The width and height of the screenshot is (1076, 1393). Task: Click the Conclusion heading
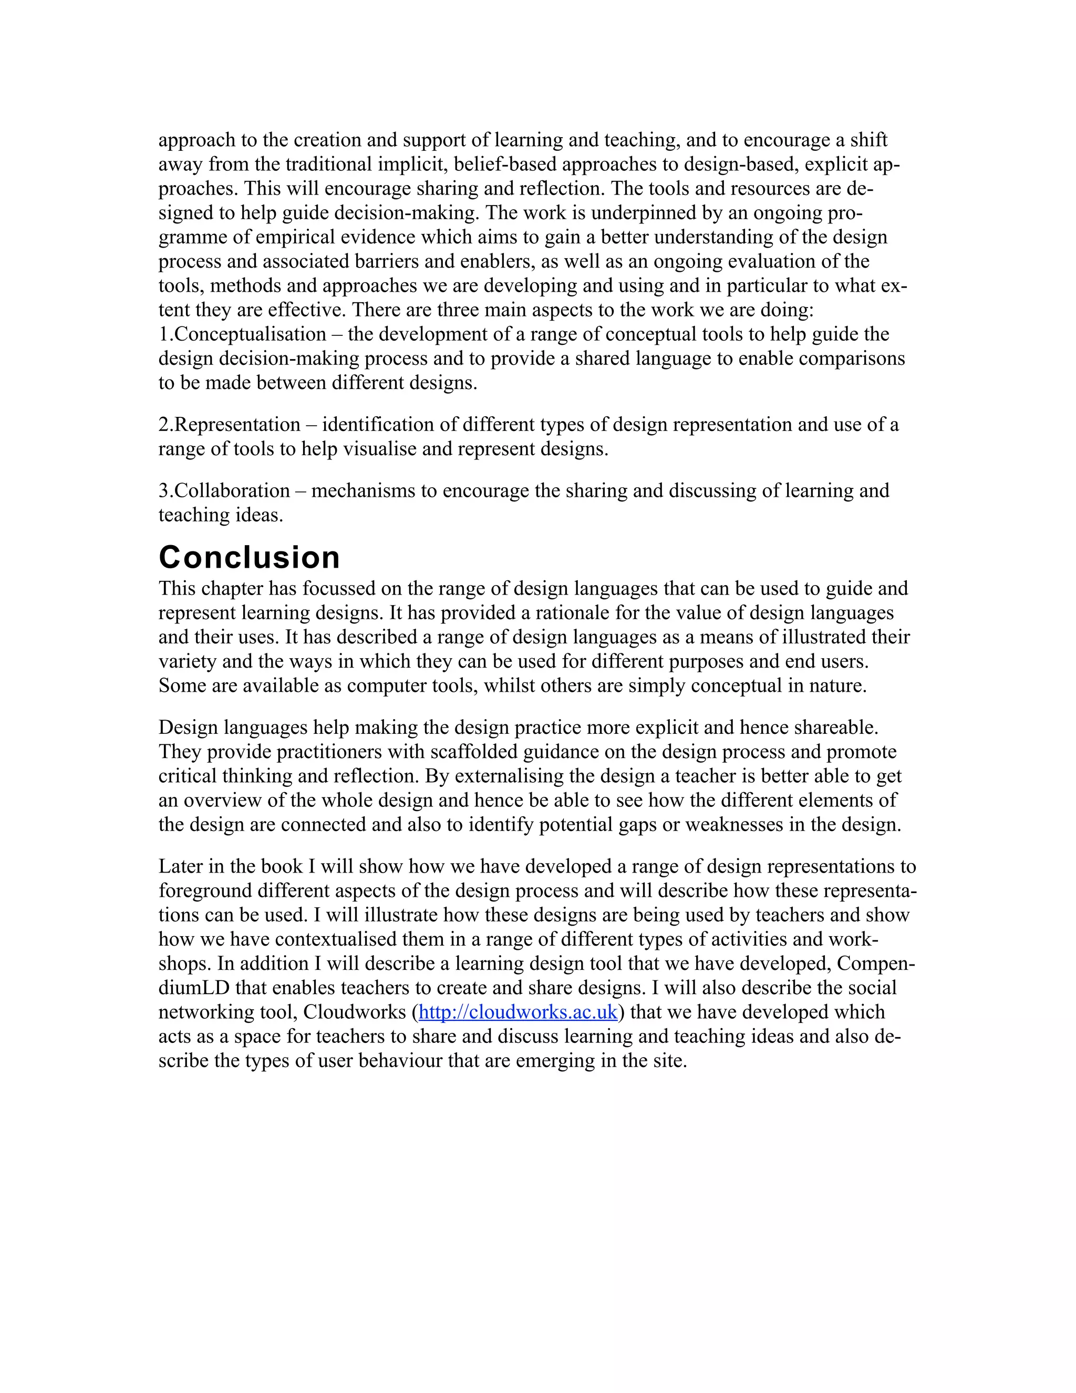249,557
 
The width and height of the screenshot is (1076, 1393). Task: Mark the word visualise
380,449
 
